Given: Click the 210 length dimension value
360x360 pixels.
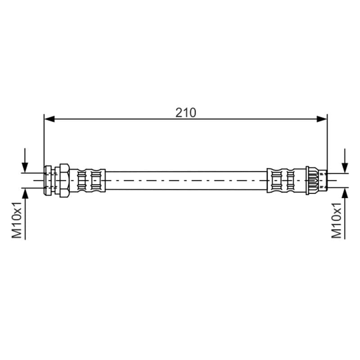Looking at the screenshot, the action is click(186, 112).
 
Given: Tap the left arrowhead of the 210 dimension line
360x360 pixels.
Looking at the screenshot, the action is click(49, 119).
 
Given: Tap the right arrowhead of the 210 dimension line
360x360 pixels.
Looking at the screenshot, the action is click(322, 119).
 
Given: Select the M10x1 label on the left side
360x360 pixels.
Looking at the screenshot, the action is click(17, 220).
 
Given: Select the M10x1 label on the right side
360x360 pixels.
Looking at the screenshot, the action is click(336, 220).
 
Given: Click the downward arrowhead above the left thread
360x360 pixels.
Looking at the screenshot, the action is click(25, 167).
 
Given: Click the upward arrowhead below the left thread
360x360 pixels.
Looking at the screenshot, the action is click(25, 193).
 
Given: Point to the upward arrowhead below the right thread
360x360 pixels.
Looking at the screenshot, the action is click(345, 193).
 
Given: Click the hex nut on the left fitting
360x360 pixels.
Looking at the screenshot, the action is click(64, 180).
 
